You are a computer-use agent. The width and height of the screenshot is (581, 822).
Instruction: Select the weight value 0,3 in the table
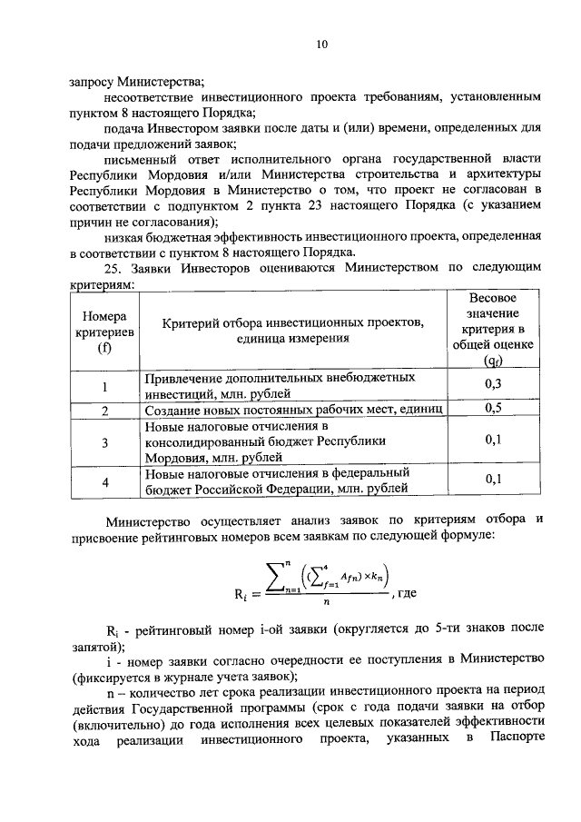coord(494,384)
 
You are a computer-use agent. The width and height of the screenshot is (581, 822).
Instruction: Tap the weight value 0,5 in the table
coord(494,410)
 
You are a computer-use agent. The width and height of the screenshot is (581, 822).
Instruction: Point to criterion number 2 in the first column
coord(105,411)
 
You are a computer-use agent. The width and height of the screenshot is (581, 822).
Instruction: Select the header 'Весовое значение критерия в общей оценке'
coord(493,327)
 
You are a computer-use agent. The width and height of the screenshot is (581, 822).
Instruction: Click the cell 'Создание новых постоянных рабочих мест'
coord(292,411)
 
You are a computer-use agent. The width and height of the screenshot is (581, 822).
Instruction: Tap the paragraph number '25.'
coord(115,268)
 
